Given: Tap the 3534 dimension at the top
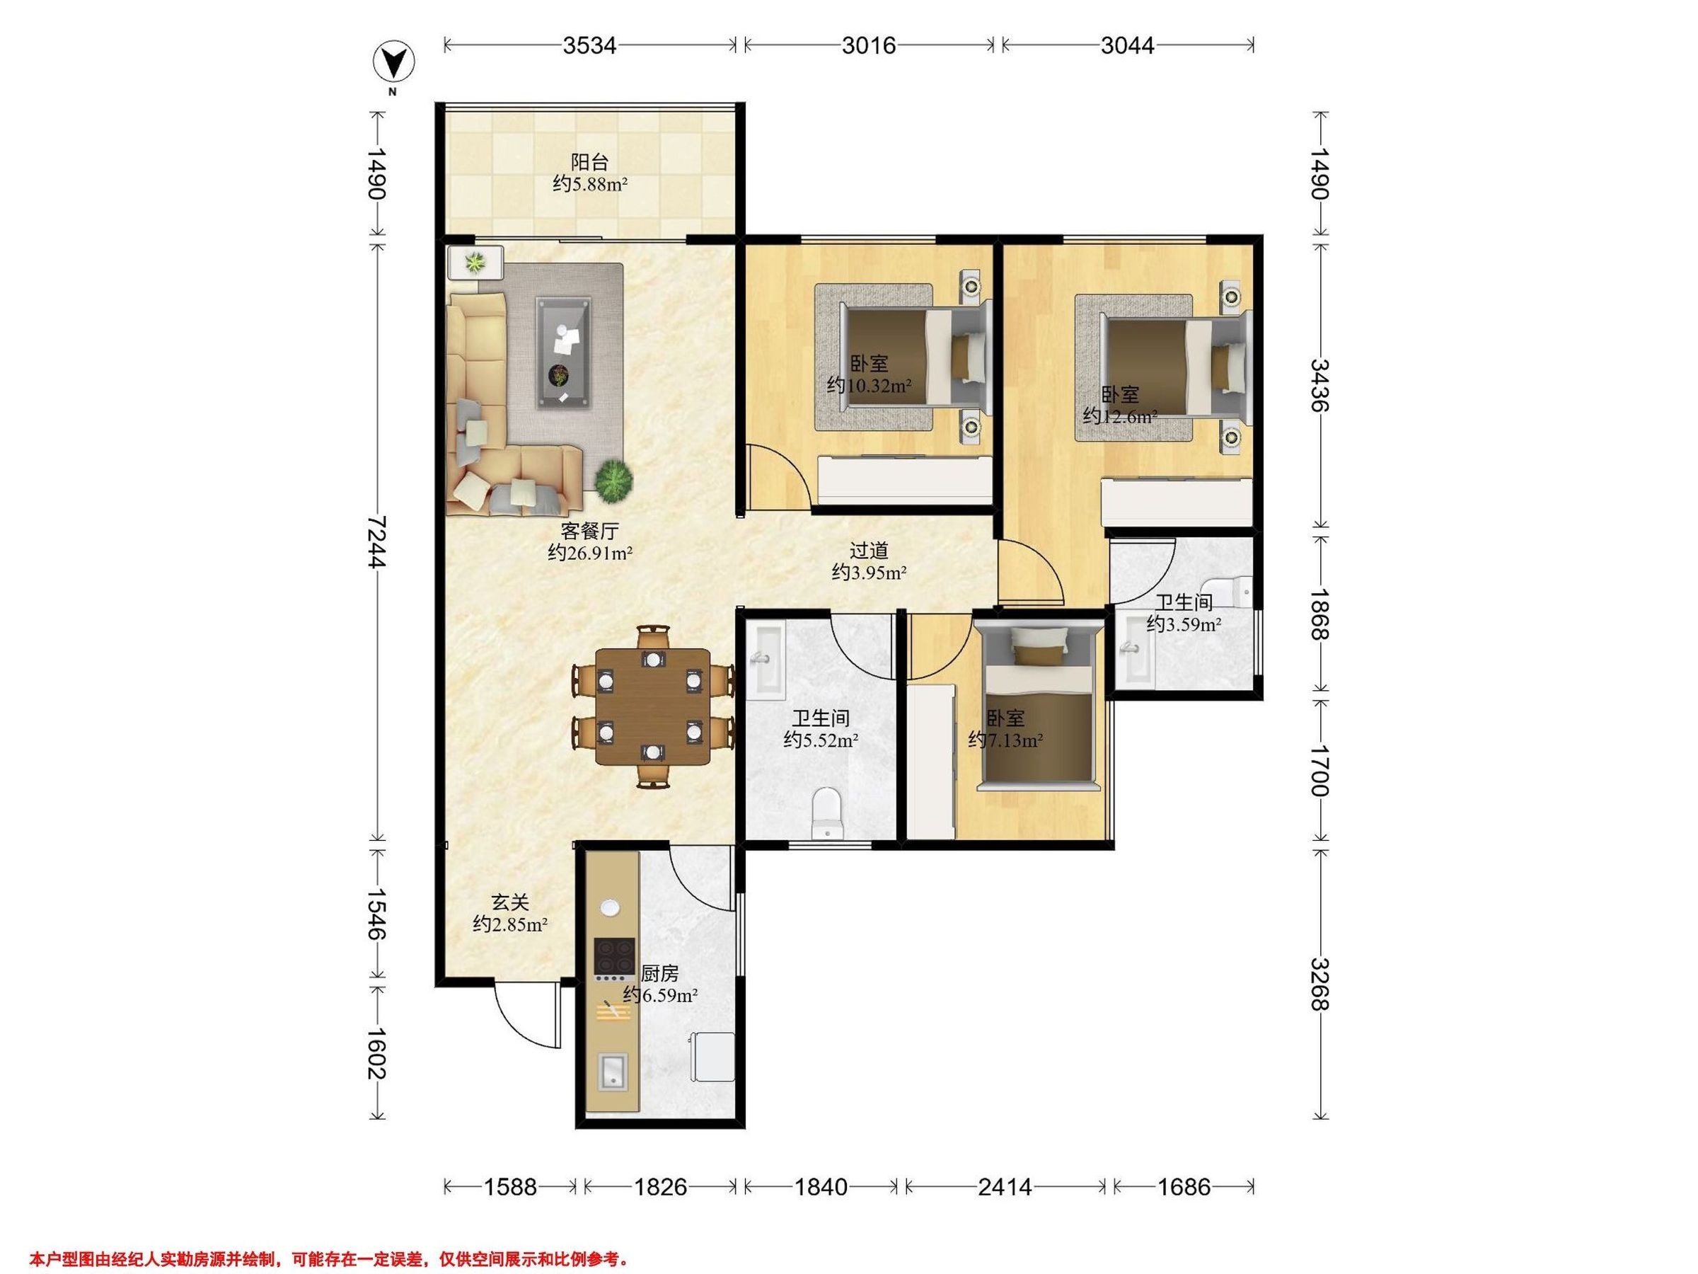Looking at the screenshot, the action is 589,45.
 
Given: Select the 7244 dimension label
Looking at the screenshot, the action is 376,541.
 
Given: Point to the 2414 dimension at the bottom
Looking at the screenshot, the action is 1005,1186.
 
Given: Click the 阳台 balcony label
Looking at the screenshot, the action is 589,162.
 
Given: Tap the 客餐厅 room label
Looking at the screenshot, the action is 589,531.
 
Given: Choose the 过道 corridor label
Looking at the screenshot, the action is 869,550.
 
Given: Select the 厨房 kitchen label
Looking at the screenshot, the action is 659,974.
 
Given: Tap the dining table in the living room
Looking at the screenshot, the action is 653,706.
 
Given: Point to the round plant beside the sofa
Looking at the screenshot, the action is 614,479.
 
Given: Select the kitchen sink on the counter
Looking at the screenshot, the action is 613,1072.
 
